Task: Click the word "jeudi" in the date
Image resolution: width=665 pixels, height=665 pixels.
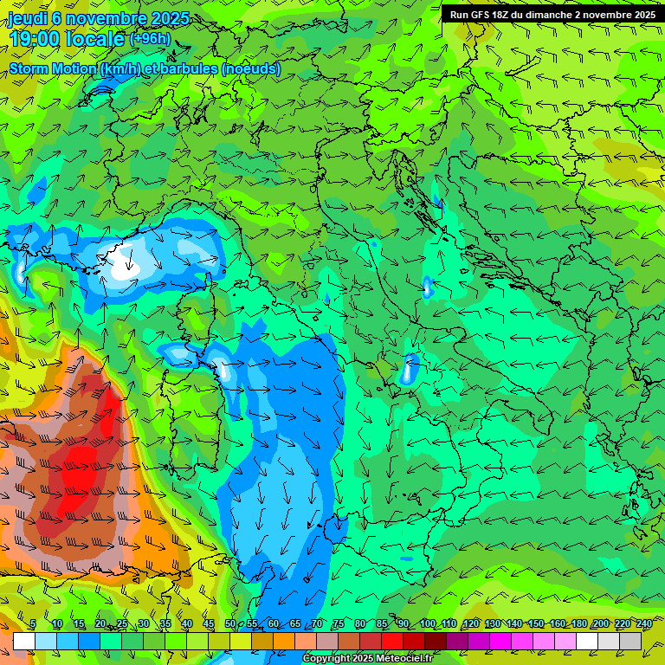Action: [28, 18]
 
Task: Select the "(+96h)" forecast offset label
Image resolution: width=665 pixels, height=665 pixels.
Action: [150, 38]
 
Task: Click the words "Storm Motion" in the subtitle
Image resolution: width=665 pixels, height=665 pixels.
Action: [53, 68]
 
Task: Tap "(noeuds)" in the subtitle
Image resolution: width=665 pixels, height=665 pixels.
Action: [251, 68]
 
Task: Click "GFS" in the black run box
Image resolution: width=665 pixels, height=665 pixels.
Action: [478, 15]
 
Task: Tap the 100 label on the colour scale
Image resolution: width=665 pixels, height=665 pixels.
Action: [427, 624]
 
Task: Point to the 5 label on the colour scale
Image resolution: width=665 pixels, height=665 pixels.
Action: [33, 624]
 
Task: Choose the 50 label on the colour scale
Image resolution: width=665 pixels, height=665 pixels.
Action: [230, 624]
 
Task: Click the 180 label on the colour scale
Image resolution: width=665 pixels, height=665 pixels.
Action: [578, 624]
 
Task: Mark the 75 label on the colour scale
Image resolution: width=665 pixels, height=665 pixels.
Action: [339, 624]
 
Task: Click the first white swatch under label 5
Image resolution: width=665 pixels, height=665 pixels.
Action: [24, 641]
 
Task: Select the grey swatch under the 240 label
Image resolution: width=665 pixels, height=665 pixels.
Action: [630, 641]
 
